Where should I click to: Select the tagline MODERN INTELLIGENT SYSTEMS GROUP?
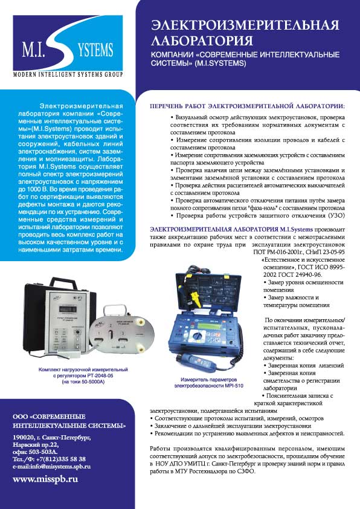68,74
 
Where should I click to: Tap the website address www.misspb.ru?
45,479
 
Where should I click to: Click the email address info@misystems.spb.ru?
59,466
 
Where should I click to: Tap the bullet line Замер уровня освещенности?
296,282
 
